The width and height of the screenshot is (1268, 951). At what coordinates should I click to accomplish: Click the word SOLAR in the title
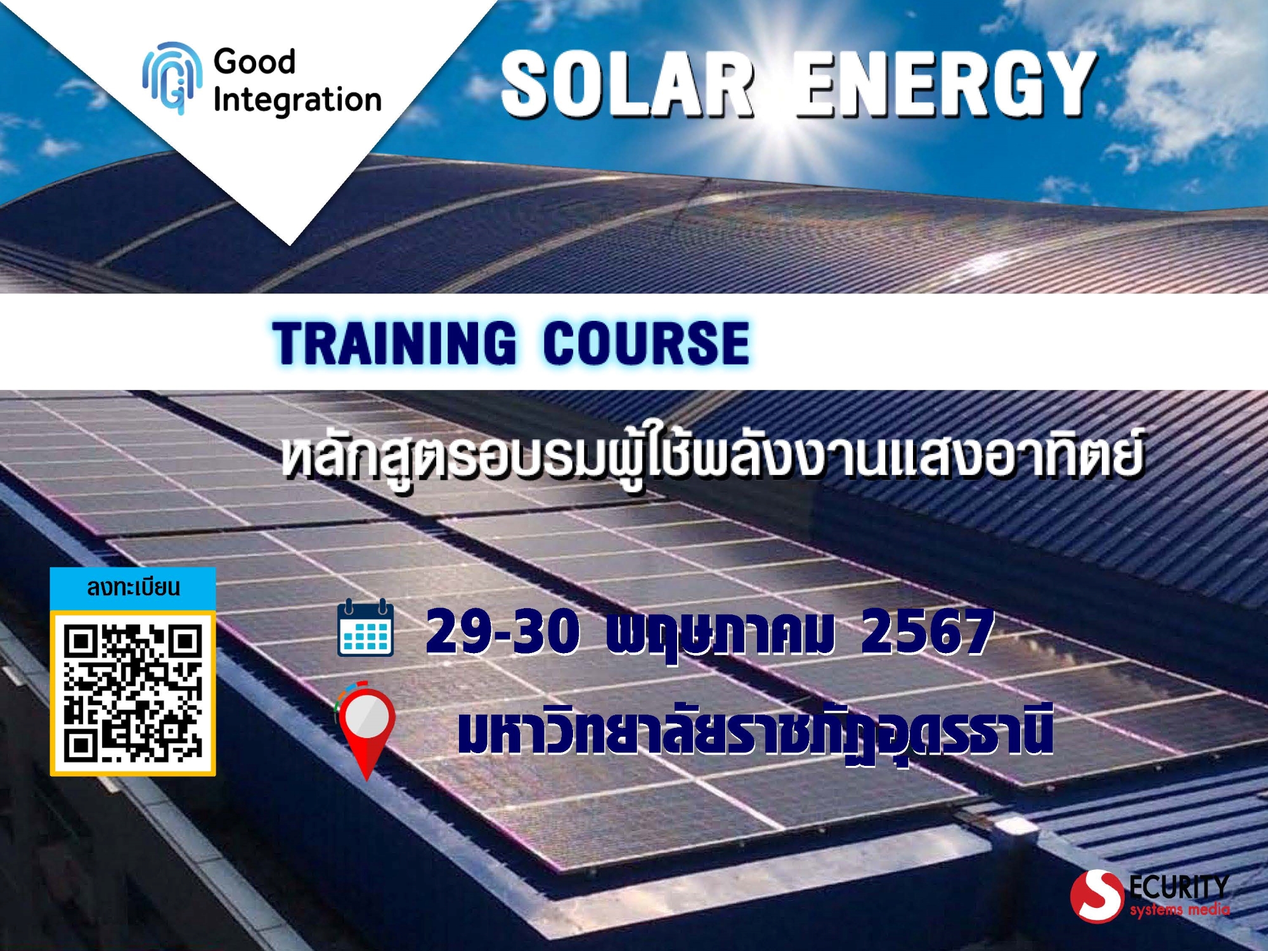(628, 84)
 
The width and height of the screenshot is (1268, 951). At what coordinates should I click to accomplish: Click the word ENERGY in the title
(946, 84)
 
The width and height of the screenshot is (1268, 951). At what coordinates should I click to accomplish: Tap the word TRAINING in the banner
(394, 342)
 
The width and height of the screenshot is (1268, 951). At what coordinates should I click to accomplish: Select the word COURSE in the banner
(646, 342)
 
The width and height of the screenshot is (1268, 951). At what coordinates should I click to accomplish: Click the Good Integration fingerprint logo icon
(172, 78)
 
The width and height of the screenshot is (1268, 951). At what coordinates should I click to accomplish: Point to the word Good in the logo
(254, 61)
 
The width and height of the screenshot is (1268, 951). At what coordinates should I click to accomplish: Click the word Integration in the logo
(297, 100)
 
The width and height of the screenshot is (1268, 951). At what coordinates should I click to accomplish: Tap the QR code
(133, 693)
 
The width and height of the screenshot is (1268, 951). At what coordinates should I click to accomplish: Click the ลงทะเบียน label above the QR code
(133, 587)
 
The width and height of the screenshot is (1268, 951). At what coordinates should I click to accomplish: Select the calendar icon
(365, 628)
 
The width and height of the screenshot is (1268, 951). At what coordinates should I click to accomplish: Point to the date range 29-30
(503, 631)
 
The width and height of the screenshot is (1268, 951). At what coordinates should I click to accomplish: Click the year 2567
(927, 631)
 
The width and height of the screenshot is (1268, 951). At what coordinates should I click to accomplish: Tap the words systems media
(1179, 910)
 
